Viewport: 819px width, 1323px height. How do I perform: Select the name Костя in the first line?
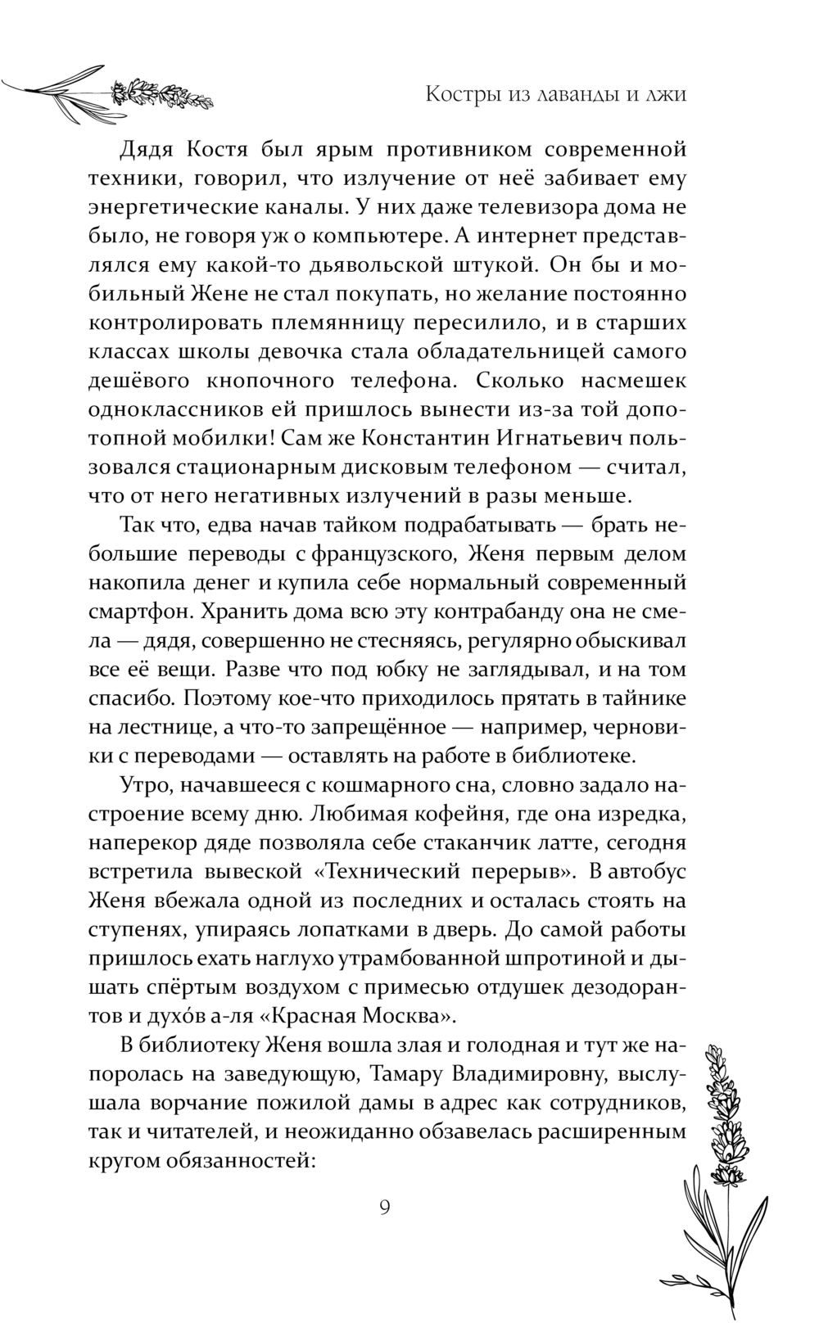click(x=217, y=150)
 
